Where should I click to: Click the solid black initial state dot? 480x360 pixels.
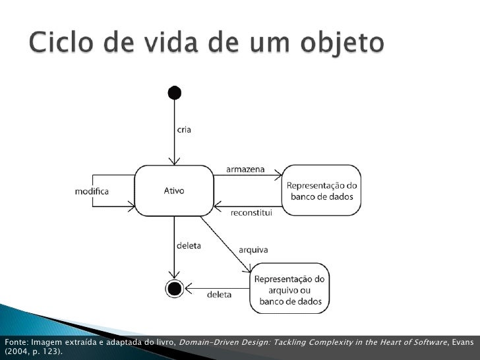[175, 92]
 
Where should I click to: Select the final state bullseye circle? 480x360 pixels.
[174, 288]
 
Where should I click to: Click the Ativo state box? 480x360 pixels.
[174, 191]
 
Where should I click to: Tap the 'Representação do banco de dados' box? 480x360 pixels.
[322, 191]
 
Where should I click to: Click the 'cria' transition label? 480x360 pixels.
[183, 130]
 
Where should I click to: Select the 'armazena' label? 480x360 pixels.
[245, 169]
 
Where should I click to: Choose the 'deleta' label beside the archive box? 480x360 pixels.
[219, 295]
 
